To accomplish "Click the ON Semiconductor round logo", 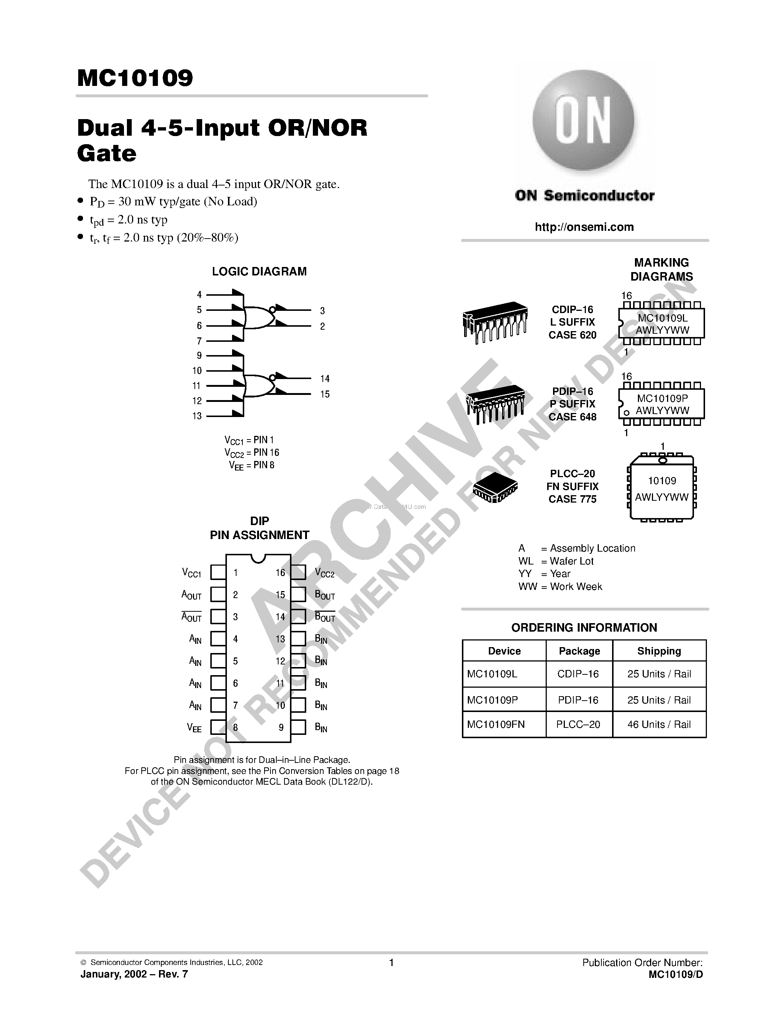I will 583,122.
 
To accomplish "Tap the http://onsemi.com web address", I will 584,227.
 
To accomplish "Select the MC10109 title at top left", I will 135,78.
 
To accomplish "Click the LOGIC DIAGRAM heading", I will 259,272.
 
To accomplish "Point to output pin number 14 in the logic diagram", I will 325,379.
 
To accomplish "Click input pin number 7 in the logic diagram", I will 199,341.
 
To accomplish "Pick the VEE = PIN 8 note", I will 251,465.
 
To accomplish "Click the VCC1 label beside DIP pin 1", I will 191,573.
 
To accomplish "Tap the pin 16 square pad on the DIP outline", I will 298,572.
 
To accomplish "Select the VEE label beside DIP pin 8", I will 194,728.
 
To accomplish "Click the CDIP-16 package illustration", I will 495,322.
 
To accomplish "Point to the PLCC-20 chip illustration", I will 495,488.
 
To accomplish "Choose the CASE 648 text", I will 572,417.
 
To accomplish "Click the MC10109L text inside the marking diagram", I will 662,318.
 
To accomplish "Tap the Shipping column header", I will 659,651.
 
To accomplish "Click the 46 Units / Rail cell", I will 659,724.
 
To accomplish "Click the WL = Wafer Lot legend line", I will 556,561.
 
